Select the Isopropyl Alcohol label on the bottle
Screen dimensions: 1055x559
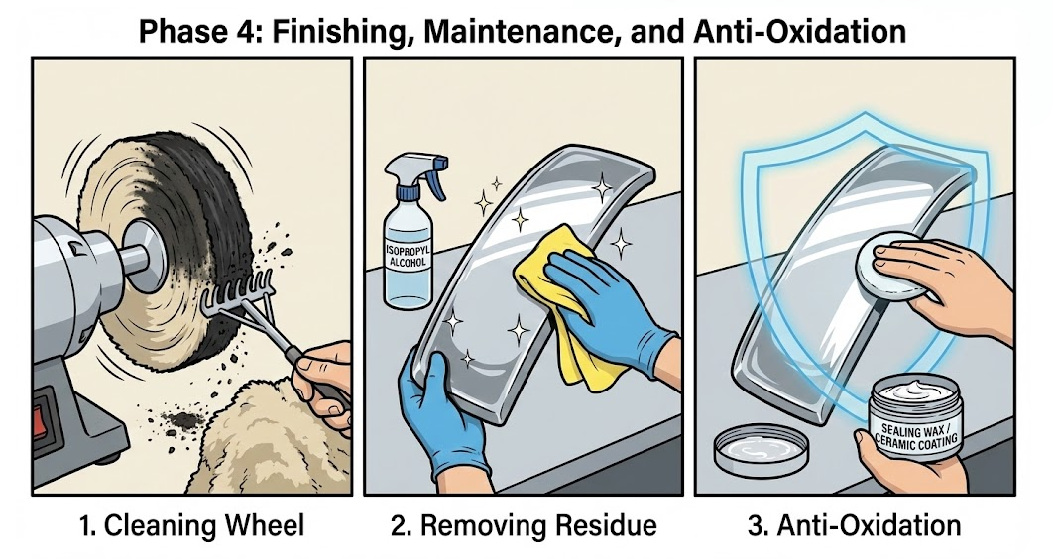(409, 257)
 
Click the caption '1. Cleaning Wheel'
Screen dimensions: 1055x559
(191, 525)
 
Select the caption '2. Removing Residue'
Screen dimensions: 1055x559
(524, 525)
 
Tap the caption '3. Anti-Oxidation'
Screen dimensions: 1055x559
(855, 525)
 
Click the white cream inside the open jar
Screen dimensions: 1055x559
(915, 391)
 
